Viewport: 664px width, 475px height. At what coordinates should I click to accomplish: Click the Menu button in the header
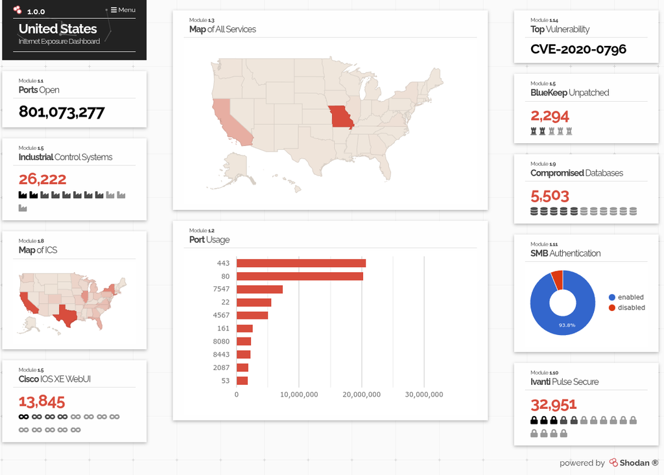point(123,10)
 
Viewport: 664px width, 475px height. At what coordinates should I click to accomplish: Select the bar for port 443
point(301,263)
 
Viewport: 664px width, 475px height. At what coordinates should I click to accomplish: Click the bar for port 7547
point(259,289)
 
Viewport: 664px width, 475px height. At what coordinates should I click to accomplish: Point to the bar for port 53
point(242,380)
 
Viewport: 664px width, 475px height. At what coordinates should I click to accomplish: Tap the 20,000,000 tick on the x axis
point(362,394)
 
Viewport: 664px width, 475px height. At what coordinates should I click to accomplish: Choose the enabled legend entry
point(626,297)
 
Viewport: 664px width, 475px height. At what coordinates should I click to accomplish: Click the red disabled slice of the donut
point(556,279)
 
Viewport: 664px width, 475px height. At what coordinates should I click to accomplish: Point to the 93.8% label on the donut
point(567,325)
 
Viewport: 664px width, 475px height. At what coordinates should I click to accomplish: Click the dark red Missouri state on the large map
point(340,117)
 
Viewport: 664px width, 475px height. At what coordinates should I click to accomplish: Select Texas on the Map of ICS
point(65,314)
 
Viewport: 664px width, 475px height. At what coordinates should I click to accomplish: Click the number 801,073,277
point(62,112)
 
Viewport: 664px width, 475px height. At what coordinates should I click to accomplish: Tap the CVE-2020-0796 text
point(578,49)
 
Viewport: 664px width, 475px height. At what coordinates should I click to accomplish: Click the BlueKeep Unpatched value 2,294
point(550,116)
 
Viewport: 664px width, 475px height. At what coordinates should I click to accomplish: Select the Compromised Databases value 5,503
point(550,196)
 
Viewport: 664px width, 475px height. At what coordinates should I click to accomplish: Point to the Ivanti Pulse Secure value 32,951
point(554,405)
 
